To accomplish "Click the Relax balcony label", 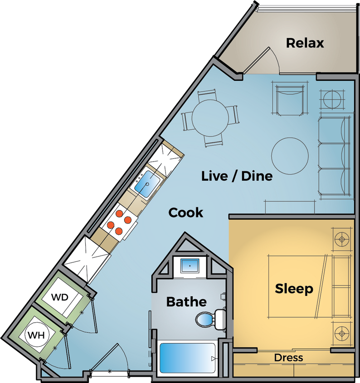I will [305, 43].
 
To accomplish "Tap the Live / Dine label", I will [237, 176].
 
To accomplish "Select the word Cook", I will [186, 212].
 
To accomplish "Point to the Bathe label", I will [186, 301].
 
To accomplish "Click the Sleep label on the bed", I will [294, 289].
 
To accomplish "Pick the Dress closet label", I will [288, 358].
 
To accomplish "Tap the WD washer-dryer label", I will [59, 298].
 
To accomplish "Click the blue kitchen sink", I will [147, 184].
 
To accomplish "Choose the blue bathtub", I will [187, 358].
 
